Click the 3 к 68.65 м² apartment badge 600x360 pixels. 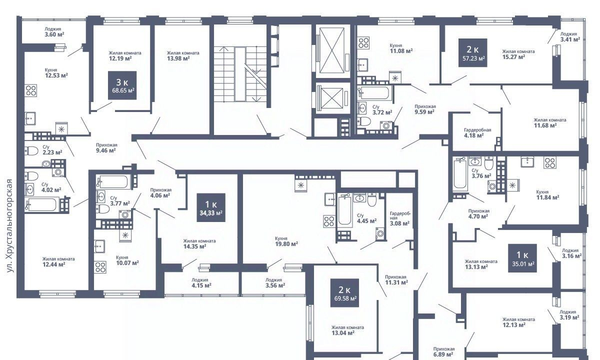pos(122,85)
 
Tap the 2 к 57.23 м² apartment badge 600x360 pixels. pos(473,53)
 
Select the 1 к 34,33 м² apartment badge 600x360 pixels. pos(211,207)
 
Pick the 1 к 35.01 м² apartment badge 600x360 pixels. pos(522,258)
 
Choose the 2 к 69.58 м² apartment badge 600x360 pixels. pos(344,293)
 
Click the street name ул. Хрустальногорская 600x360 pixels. pos(10,226)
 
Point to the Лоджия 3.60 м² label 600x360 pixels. pos(54,31)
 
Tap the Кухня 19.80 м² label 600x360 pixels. pos(286,241)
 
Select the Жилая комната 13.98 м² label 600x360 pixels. pos(183,55)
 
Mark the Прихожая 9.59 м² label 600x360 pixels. pos(425,109)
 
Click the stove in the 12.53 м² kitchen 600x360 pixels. pos(31,90)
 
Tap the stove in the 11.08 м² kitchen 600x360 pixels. pos(364,42)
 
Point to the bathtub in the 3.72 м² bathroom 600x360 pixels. pos(374,92)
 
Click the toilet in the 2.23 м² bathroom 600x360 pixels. pos(31,150)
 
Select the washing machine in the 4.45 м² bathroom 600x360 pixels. pos(380,233)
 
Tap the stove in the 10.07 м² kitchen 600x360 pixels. pos(100,267)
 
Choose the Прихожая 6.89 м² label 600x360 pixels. pos(443,351)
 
